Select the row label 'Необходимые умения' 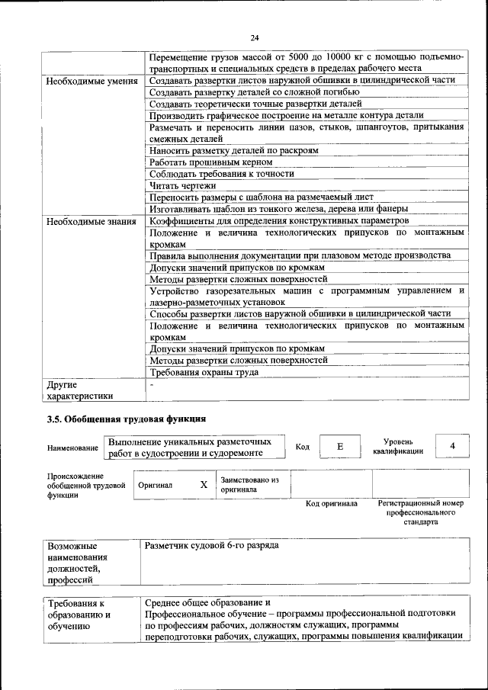[91, 81]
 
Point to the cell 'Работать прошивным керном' [211, 163]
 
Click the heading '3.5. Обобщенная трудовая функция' [127, 419]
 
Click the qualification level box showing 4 [452, 445]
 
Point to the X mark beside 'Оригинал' [204, 485]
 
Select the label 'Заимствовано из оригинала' [250, 485]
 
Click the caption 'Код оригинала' [331, 504]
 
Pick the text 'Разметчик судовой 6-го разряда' [211, 546]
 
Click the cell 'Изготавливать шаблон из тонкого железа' [279, 208]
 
